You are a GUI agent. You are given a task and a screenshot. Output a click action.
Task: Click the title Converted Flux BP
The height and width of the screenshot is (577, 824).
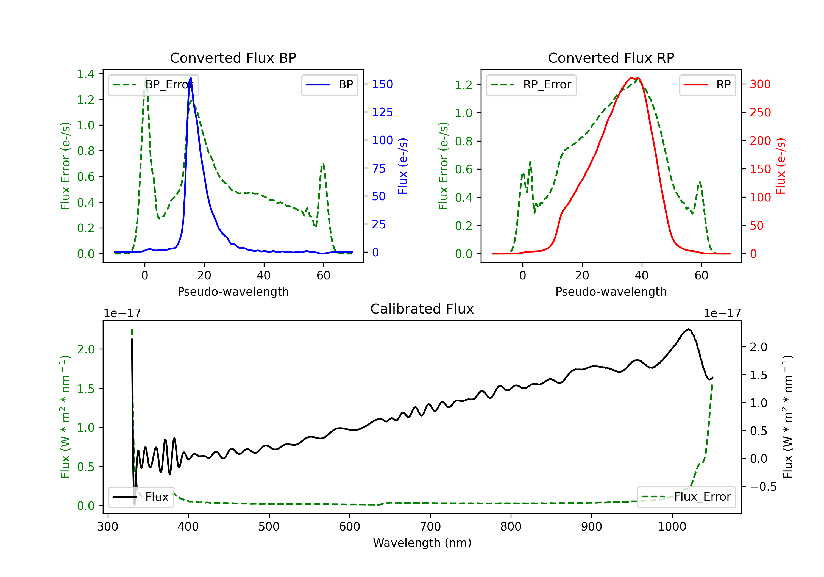click(233, 58)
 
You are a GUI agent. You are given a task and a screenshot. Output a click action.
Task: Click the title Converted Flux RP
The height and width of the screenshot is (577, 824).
click(611, 58)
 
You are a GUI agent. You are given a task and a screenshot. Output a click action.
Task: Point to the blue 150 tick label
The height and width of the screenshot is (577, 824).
click(382, 84)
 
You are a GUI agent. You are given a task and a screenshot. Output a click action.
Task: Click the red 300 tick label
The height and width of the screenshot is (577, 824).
click(760, 84)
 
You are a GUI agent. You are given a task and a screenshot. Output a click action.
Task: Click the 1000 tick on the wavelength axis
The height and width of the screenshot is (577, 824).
click(672, 527)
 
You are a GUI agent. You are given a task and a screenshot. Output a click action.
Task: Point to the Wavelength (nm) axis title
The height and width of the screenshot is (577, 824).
click(422, 543)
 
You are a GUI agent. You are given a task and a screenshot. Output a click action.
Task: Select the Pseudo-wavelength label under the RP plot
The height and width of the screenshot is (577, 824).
click(611, 292)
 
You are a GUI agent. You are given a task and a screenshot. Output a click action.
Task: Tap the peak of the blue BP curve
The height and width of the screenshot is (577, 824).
click(191, 78)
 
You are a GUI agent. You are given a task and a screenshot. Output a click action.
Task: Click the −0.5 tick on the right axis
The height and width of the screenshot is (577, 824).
click(763, 487)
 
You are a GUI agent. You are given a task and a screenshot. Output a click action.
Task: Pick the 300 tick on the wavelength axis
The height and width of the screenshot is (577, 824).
click(108, 527)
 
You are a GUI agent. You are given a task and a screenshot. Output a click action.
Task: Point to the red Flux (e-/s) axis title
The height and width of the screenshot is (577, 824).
click(781, 166)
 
